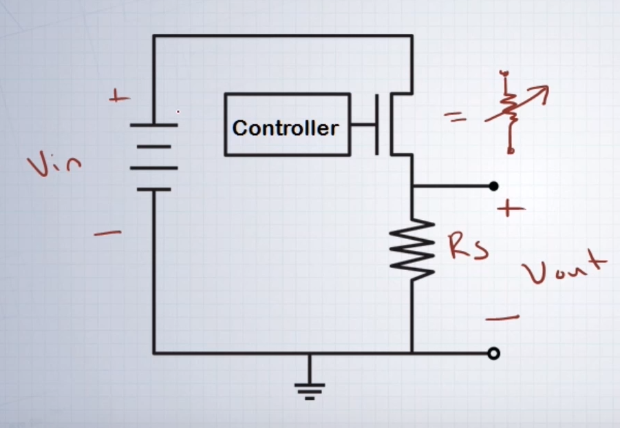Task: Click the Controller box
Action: click(x=286, y=125)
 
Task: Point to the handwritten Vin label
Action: click(x=54, y=165)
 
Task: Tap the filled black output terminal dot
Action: click(x=493, y=186)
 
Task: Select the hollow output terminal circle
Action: click(x=493, y=354)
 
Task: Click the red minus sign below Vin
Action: click(x=107, y=234)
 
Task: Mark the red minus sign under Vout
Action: click(x=502, y=318)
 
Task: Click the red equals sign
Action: click(x=454, y=118)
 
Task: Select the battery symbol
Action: click(x=153, y=156)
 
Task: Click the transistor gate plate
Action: click(x=377, y=125)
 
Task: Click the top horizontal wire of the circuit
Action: click(x=282, y=36)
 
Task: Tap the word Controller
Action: click(x=286, y=128)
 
